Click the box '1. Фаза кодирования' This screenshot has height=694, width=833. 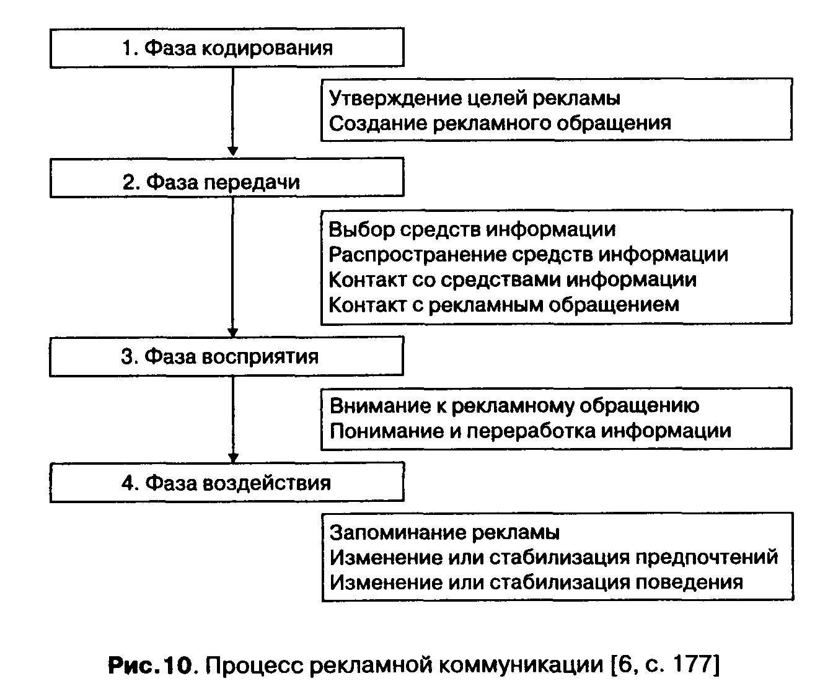coord(227,48)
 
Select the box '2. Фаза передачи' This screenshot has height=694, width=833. coord(227,182)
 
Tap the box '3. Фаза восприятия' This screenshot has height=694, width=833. coord(227,356)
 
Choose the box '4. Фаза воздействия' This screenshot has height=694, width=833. coord(227,483)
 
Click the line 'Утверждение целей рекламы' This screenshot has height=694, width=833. coord(475,98)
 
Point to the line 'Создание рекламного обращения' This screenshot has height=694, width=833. coord(500,123)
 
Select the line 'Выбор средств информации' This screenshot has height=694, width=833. coord(472,229)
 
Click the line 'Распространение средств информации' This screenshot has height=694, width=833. coord(528,254)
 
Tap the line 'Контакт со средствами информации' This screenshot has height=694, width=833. coord(513,279)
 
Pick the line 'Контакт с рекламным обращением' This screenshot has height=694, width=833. coord(504,304)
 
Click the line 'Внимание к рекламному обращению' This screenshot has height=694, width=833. coord(514,405)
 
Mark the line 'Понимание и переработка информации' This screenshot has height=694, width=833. coord(531,431)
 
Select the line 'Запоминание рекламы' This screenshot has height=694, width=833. coord(444,532)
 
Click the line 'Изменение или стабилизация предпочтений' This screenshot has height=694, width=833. coord(553,557)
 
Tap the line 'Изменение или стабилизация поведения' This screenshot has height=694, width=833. coord(536,582)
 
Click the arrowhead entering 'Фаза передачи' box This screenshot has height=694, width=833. coord(232,152)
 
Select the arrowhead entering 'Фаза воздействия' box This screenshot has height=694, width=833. coord(232,457)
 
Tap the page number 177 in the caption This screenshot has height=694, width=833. coord(693,665)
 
